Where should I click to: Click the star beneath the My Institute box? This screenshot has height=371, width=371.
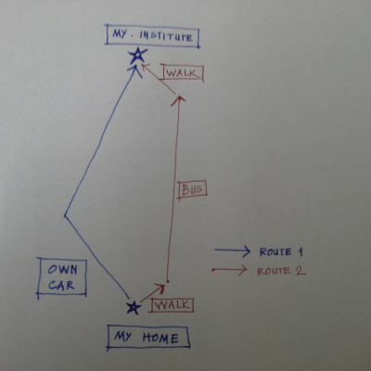click(137, 56)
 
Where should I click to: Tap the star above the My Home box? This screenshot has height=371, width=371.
click(134, 308)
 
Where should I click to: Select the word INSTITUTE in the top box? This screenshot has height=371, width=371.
click(166, 36)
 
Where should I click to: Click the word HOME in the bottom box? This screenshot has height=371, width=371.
click(160, 338)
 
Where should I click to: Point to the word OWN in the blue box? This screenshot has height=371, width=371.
click(62, 270)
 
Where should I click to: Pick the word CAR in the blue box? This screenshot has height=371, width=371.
click(61, 285)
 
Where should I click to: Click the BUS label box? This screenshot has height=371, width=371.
click(192, 189)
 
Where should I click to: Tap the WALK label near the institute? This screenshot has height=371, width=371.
click(183, 73)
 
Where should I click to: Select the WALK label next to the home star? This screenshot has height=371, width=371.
click(172, 305)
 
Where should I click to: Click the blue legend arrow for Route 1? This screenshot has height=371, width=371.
click(233, 250)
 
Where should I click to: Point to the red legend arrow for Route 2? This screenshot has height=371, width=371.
click(229, 270)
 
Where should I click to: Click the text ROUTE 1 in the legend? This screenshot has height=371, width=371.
click(281, 252)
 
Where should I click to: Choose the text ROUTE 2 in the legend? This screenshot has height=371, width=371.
click(281, 271)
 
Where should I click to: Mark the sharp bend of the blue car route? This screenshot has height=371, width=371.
click(65, 215)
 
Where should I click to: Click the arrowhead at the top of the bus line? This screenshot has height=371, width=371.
click(178, 100)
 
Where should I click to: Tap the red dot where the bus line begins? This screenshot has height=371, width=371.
click(168, 281)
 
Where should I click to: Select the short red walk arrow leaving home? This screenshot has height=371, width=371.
click(153, 292)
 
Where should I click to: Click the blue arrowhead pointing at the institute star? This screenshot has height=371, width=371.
click(135, 71)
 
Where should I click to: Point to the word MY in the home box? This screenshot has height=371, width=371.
click(122, 336)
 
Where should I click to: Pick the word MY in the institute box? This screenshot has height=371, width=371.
click(120, 33)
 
